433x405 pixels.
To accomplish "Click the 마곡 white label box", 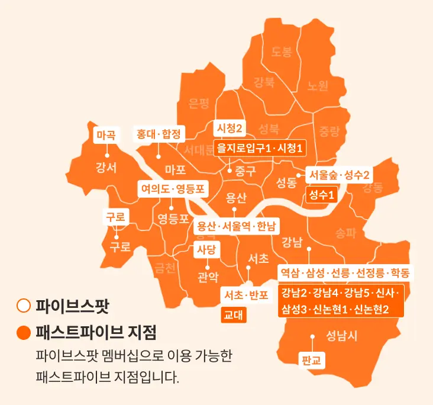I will (108, 134).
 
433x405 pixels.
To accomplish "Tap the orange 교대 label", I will (233, 314).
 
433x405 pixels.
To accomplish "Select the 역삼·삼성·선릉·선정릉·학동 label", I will (345, 273).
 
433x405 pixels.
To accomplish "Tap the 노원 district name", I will (318, 85).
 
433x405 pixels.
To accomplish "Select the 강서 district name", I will (106, 167).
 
